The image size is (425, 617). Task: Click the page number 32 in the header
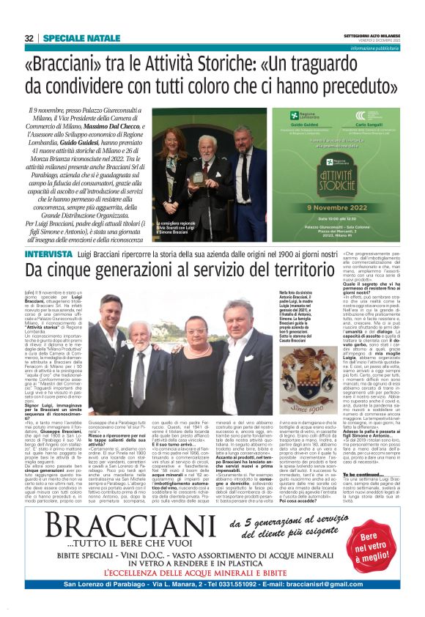pyautogui.click(x=29, y=37)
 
